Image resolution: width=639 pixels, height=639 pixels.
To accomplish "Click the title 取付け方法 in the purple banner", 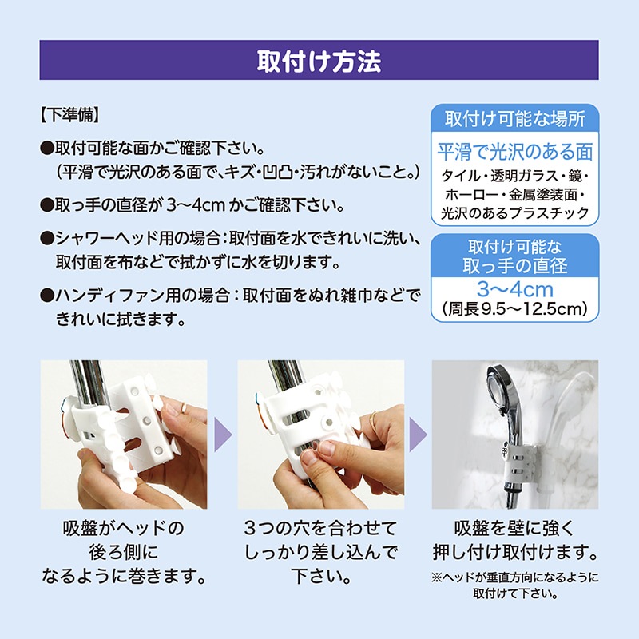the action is click(319, 62).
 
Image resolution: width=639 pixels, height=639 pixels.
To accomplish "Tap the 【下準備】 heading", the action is click(70, 115).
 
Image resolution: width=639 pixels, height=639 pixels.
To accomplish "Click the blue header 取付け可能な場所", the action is click(514, 119).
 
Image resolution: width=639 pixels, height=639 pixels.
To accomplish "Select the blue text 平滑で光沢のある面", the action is click(514, 152).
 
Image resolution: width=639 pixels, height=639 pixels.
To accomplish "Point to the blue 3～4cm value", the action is click(515, 289).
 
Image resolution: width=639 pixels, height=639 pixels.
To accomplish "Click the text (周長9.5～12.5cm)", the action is click(514, 309).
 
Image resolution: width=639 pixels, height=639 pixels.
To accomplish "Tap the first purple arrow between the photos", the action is click(223, 435).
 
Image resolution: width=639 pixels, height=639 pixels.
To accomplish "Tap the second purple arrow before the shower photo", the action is click(418, 435).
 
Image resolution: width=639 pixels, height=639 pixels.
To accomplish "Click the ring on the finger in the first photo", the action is click(184, 407).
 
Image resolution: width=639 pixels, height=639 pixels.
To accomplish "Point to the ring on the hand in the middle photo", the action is click(373, 420).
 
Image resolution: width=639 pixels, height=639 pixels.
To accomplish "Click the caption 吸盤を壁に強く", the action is click(514, 529).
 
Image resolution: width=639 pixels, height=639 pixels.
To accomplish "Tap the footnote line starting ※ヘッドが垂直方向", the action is click(514, 577).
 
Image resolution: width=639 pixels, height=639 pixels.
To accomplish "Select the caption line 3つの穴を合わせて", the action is click(321, 529).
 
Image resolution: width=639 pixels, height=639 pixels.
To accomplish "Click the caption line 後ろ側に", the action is click(124, 553).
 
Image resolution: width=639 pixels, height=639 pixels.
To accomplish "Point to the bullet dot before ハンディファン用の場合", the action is click(47, 295).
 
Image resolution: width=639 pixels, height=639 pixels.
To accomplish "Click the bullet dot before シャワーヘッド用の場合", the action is click(47, 238).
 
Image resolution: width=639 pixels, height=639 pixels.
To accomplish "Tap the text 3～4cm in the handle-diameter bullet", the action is click(196, 205).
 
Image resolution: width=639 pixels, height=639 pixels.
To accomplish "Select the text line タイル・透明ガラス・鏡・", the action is click(514, 176).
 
